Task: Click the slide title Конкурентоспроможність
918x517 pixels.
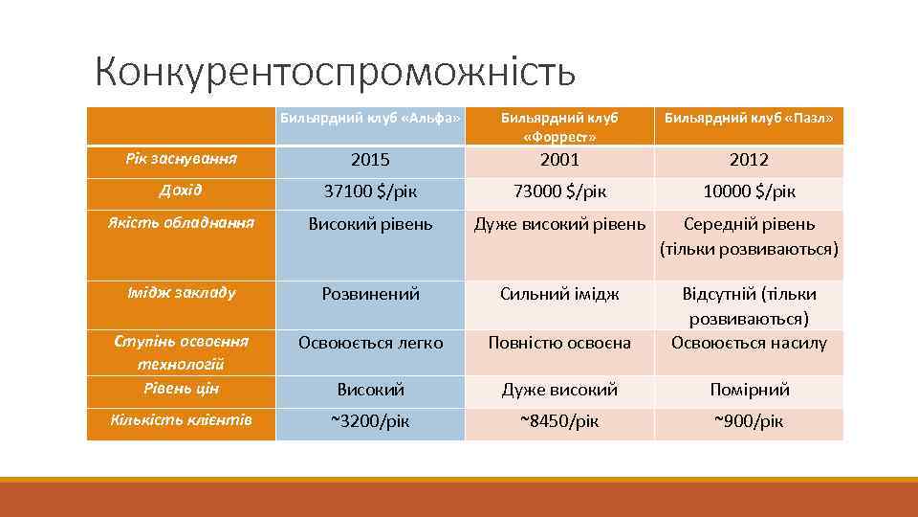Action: (x=336, y=70)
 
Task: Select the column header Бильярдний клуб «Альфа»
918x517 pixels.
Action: (x=370, y=118)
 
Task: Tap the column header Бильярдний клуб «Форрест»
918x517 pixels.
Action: (x=559, y=127)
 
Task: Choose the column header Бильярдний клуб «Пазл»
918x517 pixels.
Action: (x=749, y=118)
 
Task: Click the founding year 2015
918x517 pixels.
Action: (x=370, y=160)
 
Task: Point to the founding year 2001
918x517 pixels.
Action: (x=559, y=160)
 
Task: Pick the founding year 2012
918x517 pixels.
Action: (x=749, y=160)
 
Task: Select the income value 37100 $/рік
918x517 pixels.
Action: (x=370, y=191)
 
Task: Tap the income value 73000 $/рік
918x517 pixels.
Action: (x=559, y=191)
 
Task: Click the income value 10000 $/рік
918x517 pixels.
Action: (x=749, y=191)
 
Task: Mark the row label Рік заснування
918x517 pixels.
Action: (x=181, y=158)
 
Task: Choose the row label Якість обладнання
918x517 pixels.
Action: (x=181, y=222)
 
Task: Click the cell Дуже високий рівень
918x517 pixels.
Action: (x=559, y=224)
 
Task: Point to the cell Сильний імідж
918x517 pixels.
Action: (x=559, y=294)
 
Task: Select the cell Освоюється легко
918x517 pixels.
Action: (x=370, y=342)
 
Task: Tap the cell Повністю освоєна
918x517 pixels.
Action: (x=559, y=342)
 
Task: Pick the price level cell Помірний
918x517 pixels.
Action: (x=749, y=390)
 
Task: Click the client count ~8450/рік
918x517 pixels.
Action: (x=559, y=420)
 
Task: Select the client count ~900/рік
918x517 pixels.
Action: (x=749, y=420)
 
